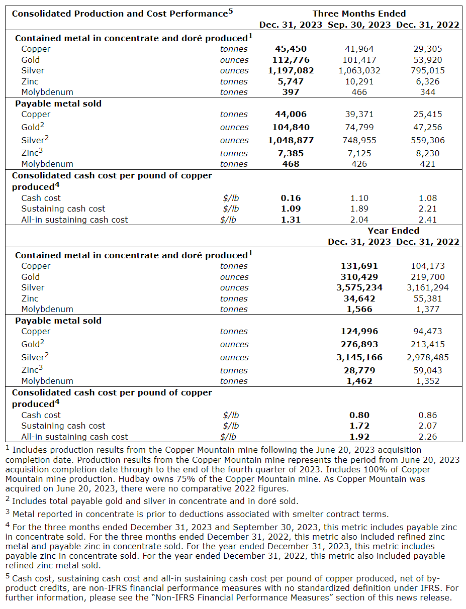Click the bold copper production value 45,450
291,49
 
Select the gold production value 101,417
359,60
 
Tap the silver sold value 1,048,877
291,140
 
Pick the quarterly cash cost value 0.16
291,198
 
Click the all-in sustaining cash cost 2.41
427,220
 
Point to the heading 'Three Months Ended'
359,14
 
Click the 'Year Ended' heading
393,231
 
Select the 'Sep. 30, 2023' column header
359,25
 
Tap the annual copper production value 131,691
359,266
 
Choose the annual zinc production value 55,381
427,298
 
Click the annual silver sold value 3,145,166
359,357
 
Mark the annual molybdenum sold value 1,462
359,381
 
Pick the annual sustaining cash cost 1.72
359,426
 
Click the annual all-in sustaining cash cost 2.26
427,437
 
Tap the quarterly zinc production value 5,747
291,81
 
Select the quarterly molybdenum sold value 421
427,164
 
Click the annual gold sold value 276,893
359,344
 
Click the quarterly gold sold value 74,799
359,127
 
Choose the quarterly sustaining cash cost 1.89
359,209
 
